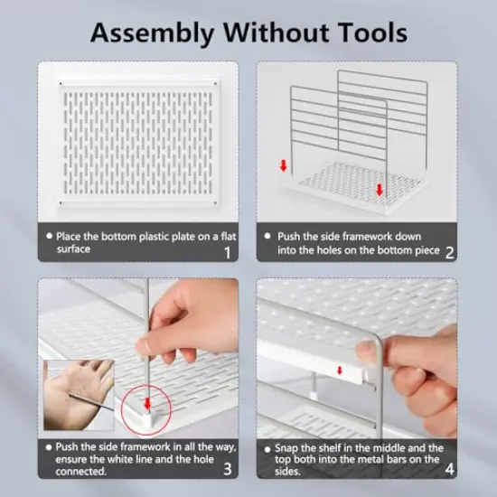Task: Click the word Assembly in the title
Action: pos(153,33)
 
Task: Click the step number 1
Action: pos(227,253)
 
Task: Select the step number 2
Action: pos(449,253)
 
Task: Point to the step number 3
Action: pos(227,469)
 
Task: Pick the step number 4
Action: pos(449,469)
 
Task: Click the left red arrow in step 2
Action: pos(284,165)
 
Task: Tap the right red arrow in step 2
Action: pos(380,190)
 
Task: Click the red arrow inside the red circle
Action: pos(147,404)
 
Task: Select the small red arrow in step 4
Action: pos(340,370)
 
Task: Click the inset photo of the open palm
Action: pos(79,395)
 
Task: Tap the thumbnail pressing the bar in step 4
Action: pos(368,352)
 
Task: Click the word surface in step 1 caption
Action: pos(73,249)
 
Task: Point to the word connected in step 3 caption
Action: pos(80,472)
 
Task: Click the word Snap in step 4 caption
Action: pos(286,448)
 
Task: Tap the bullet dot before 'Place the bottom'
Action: pos(49,236)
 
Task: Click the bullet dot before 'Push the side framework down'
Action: pos(267,236)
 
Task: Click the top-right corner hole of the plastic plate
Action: pos(216,84)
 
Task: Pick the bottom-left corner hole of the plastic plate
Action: pos(61,202)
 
